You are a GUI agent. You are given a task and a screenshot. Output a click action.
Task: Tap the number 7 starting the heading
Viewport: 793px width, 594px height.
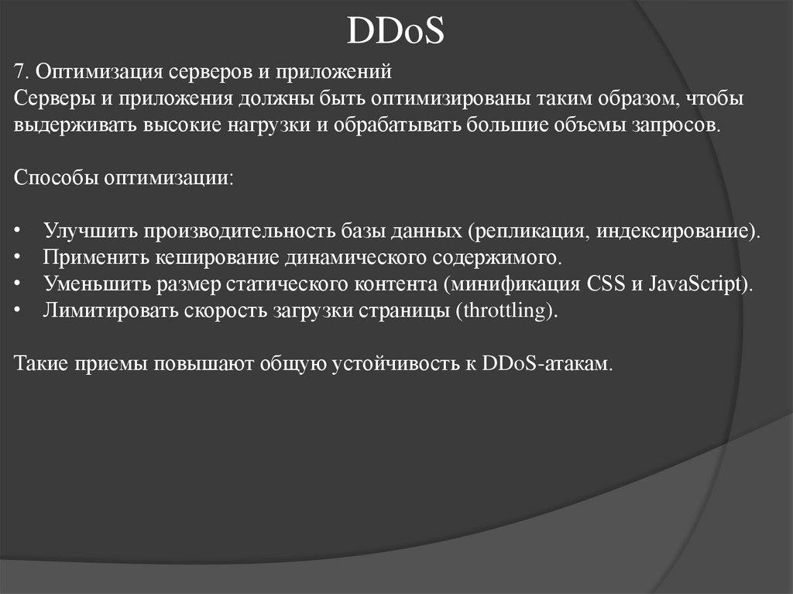[19, 73]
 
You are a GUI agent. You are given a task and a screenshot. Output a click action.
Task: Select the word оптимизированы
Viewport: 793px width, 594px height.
[443, 99]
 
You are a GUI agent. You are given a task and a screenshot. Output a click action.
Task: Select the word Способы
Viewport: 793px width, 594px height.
[47, 178]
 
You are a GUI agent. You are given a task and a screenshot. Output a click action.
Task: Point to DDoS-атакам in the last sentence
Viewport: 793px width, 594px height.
[545, 363]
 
